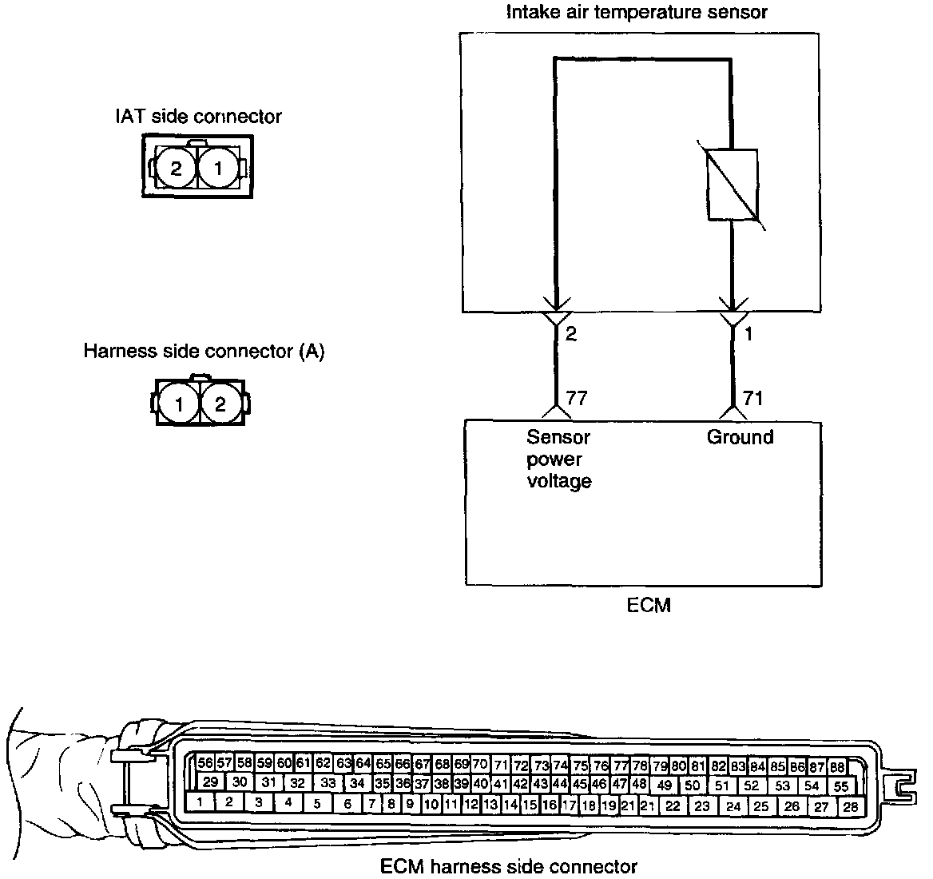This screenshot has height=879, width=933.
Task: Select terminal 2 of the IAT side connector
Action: [175, 168]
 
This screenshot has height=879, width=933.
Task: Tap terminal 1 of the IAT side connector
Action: [215, 168]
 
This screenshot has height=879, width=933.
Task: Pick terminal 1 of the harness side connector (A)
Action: [179, 404]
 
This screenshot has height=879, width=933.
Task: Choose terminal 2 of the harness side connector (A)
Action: [220, 404]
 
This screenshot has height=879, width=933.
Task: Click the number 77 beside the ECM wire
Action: [577, 398]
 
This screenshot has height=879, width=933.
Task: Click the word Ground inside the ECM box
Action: [740, 437]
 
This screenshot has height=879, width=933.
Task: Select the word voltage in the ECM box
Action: [559, 481]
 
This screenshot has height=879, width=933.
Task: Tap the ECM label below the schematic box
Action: [648, 605]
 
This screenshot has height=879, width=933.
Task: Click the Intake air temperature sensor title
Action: [637, 12]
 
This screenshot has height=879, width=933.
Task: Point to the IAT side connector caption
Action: [198, 117]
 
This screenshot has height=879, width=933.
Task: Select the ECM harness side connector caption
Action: [509, 866]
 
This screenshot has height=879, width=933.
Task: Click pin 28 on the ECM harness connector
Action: [851, 806]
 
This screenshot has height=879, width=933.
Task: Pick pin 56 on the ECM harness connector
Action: [205, 763]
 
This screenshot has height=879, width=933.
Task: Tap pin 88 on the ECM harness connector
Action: [837, 766]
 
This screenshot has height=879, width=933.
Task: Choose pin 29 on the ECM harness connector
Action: [211, 782]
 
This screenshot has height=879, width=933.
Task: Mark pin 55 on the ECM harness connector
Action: [841, 786]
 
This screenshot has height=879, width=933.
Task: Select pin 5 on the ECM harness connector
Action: [317, 804]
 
